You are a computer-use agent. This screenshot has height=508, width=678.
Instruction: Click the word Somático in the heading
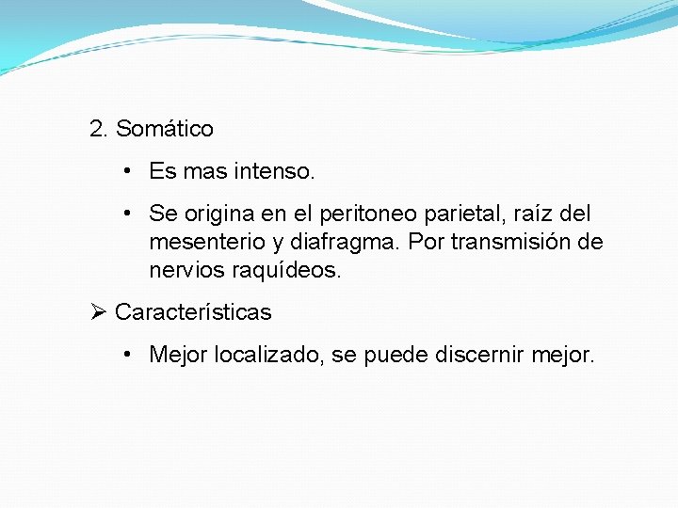pos(165,128)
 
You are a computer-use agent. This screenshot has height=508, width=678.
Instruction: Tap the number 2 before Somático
pos(96,128)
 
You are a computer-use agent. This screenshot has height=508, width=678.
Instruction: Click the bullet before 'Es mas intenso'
pos(125,172)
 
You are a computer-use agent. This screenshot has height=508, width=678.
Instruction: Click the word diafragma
pos(345,243)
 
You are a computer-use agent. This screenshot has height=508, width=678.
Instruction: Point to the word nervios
pos(184,270)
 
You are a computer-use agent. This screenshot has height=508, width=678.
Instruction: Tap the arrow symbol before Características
pos(97,312)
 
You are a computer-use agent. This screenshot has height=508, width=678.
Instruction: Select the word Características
pos(193,312)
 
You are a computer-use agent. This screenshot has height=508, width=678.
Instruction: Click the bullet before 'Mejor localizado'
pos(125,355)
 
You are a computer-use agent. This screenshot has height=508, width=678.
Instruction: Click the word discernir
pos(479,355)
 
